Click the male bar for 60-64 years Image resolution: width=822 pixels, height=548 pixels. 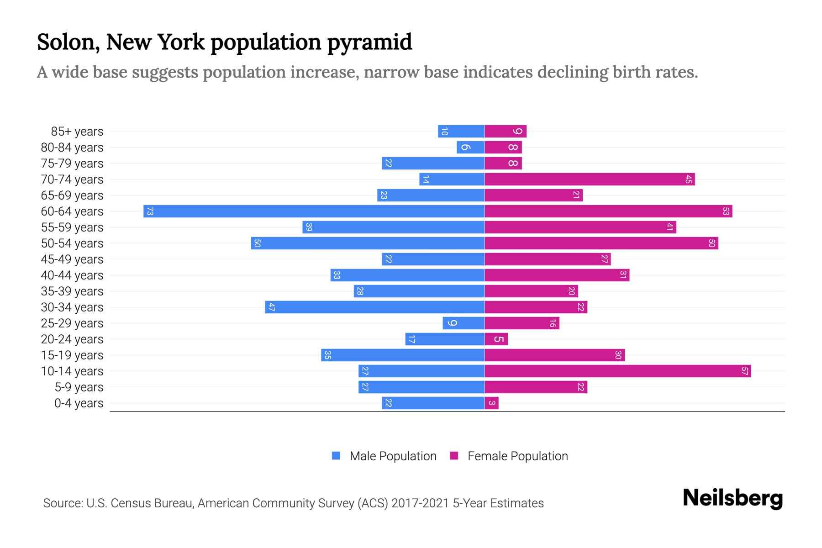point(314,211)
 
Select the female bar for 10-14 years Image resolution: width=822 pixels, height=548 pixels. point(617,371)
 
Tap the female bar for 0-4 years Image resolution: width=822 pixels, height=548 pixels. point(491,403)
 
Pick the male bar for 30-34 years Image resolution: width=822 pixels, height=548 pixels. point(374,307)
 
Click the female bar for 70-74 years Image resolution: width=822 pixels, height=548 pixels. point(589,179)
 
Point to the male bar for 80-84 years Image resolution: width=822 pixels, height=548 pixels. point(470,148)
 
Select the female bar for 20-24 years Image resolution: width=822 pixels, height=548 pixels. point(496,339)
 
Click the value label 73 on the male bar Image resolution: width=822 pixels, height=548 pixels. point(150,211)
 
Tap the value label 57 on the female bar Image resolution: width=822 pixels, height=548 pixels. point(744,371)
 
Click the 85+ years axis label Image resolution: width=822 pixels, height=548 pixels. point(77,132)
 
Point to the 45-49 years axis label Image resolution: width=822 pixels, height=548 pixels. point(72,259)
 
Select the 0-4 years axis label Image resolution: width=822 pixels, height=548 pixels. point(79,403)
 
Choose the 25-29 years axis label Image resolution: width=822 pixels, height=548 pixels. point(72,323)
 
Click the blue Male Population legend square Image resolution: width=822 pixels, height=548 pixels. point(336,456)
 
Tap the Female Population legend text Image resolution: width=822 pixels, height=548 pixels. point(517,456)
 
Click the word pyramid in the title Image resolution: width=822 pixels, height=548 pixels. point(369,42)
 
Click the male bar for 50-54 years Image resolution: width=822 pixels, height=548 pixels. point(368,243)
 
